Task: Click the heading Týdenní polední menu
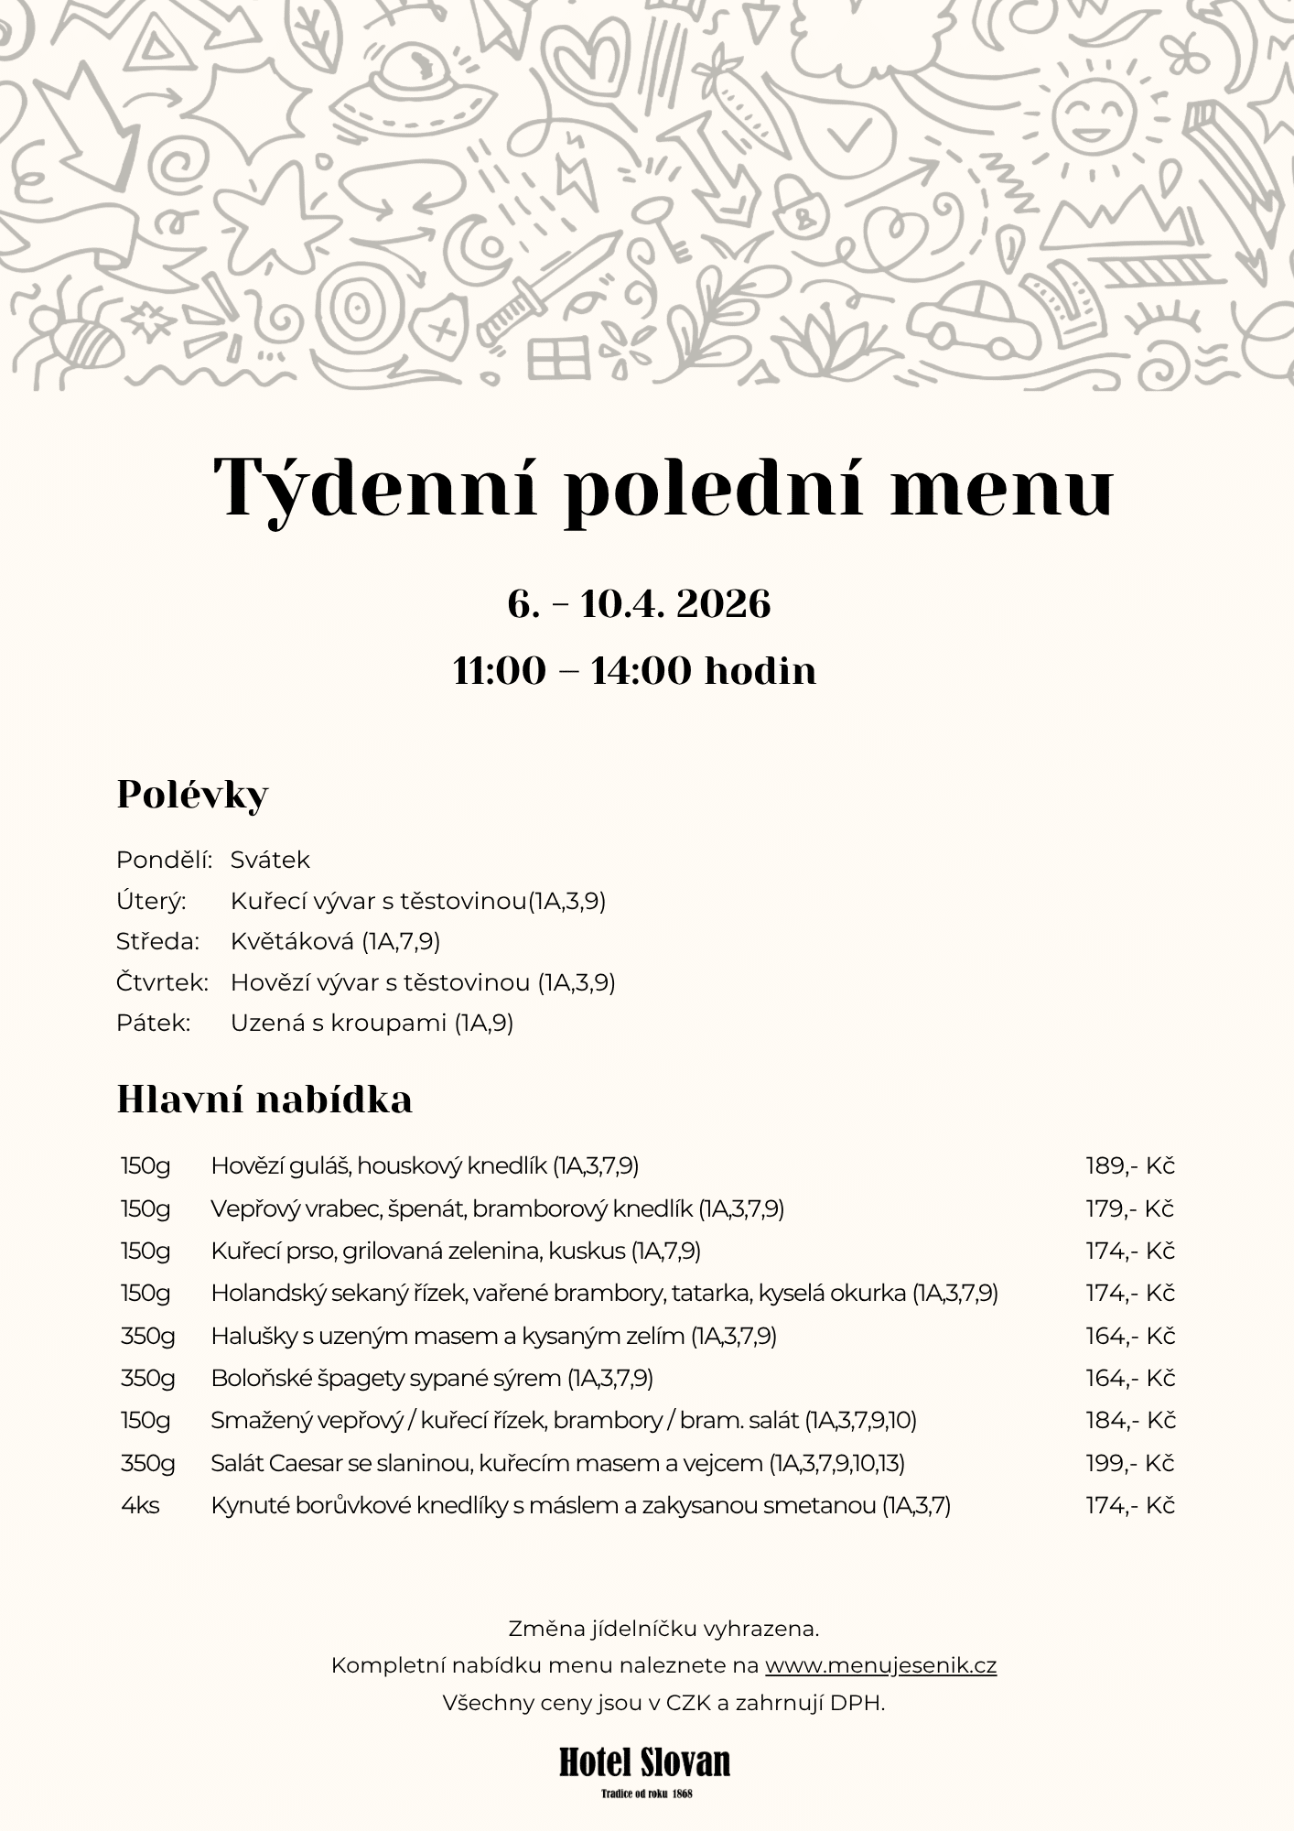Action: (x=663, y=486)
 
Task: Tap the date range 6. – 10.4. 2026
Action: (x=639, y=604)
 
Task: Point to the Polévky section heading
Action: (x=192, y=795)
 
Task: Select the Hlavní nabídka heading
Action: (x=264, y=1100)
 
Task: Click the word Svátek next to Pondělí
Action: (x=270, y=860)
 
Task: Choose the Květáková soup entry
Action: (x=335, y=941)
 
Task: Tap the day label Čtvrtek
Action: (x=162, y=982)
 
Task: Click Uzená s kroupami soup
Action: (x=372, y=1023)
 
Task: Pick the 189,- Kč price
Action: (x=1129, y=1165)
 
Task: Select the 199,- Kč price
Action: (x=1129, y=1463)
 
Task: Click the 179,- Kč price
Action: (x=1129, y=1208)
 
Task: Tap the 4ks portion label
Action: (x=140, y=1505)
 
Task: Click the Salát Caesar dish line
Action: (x=557, y=1463)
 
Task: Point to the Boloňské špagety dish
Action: (x=431, y=1378)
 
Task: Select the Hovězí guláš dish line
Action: (x=425, y=1165)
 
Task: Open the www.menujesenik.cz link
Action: (x=880, y=1665)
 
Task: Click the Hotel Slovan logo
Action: (x=645, y=1763)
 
